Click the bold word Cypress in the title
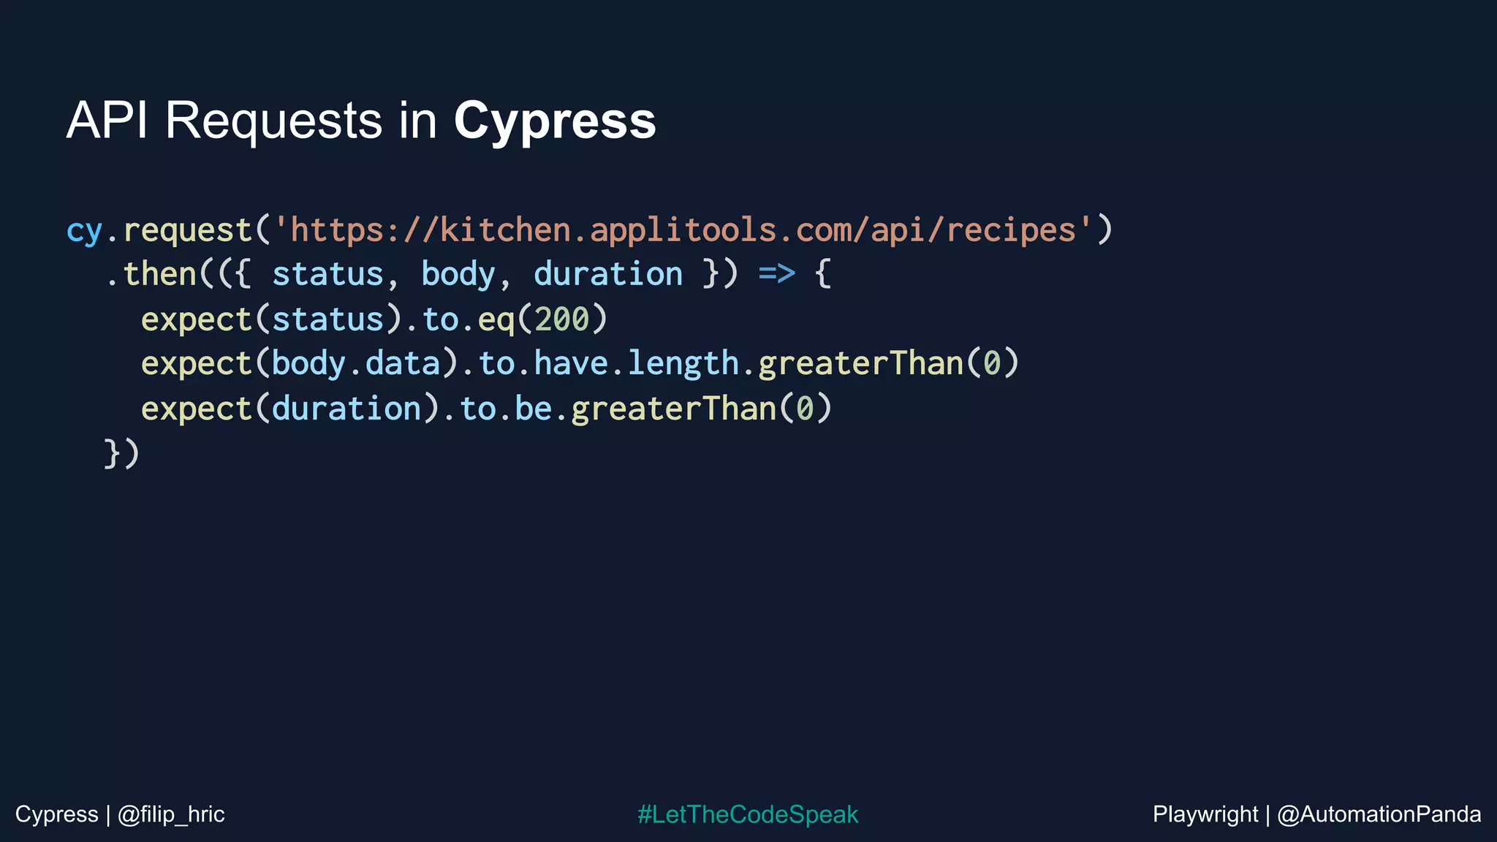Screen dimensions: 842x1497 pos(555,121)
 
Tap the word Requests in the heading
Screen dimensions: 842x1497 pos(273,121)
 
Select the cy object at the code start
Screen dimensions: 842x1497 pos(84,231)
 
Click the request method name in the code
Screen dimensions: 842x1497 pos(188,231)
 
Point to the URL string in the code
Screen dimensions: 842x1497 pos(683,230)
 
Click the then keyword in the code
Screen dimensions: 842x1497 pos(160,274)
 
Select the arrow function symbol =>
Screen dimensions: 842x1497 pos(776,274)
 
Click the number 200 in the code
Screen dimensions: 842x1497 pos(561,319)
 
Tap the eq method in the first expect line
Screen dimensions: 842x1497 pos(496,320)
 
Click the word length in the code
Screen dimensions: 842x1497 pos(683,363)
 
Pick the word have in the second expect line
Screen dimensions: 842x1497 pos(571,363)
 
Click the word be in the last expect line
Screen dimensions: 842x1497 pos(533,409)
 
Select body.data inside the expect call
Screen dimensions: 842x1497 pos(356,363)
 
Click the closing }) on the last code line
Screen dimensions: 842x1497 pos(121,453)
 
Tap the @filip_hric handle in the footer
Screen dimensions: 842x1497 pos(171,814)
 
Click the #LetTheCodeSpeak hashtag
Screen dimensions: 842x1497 pos(748,814)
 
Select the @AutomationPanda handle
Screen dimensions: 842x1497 pos(1379,814)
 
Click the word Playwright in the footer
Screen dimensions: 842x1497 pos(1205,814)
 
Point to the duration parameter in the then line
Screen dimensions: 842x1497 pos(608,274)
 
